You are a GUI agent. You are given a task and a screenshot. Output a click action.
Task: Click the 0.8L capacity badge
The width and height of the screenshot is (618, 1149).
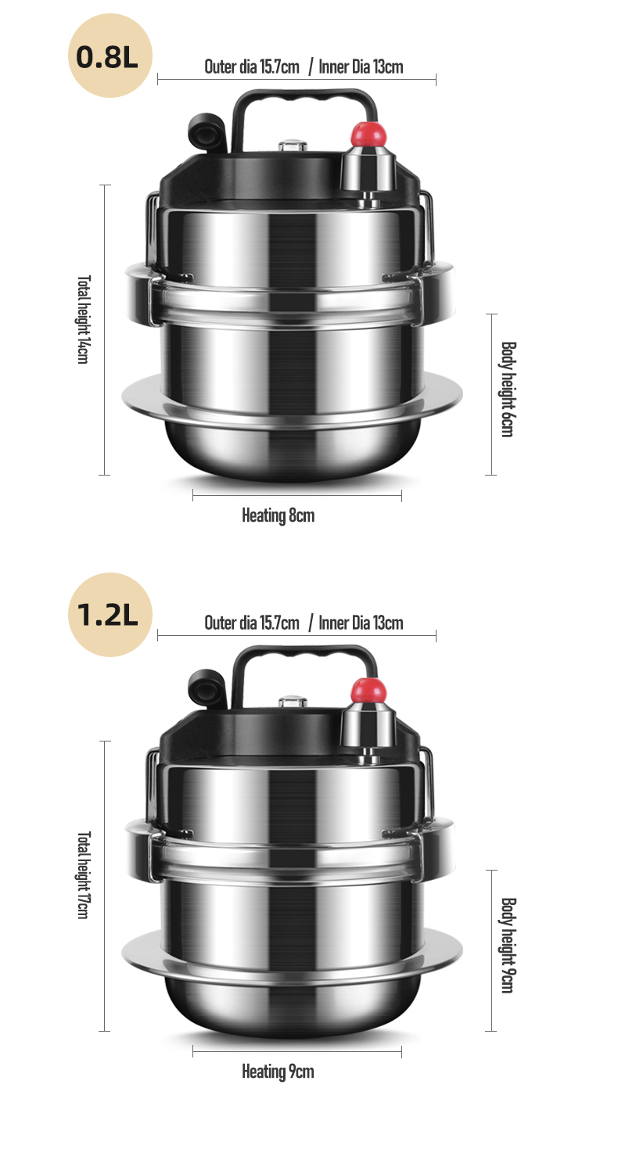click(108, 58)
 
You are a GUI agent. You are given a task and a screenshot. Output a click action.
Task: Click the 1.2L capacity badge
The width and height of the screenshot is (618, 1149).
click(108, 615)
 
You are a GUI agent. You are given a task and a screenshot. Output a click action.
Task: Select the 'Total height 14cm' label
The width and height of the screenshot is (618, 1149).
click(83, 319)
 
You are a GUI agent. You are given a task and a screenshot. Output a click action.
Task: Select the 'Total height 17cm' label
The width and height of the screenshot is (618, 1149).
click(83, 874)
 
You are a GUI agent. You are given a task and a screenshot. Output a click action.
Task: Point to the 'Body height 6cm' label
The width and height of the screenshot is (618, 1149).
click(508, 389)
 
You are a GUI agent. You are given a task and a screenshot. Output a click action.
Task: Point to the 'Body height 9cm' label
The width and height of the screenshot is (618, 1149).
click(508, 945)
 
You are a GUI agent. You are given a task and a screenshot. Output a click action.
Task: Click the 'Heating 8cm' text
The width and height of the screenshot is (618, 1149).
click(278, 515)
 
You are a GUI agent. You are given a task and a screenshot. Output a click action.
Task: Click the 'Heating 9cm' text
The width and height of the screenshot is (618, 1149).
click(278, 1072)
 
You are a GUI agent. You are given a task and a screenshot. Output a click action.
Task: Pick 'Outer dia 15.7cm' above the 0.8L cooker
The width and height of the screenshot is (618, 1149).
click(252, 66)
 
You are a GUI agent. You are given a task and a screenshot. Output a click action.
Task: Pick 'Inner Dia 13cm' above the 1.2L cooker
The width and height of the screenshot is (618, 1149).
click(361, 623)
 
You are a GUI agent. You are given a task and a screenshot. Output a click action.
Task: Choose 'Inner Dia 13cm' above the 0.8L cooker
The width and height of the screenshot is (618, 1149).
click(361, 66)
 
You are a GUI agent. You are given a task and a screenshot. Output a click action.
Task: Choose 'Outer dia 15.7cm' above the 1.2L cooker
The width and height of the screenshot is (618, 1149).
click(252, 623)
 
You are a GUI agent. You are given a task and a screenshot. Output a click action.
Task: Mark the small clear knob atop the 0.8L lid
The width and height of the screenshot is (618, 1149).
click(293, 145)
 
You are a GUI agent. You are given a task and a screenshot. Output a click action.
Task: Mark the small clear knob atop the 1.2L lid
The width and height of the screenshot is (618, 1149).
click(293, 701)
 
